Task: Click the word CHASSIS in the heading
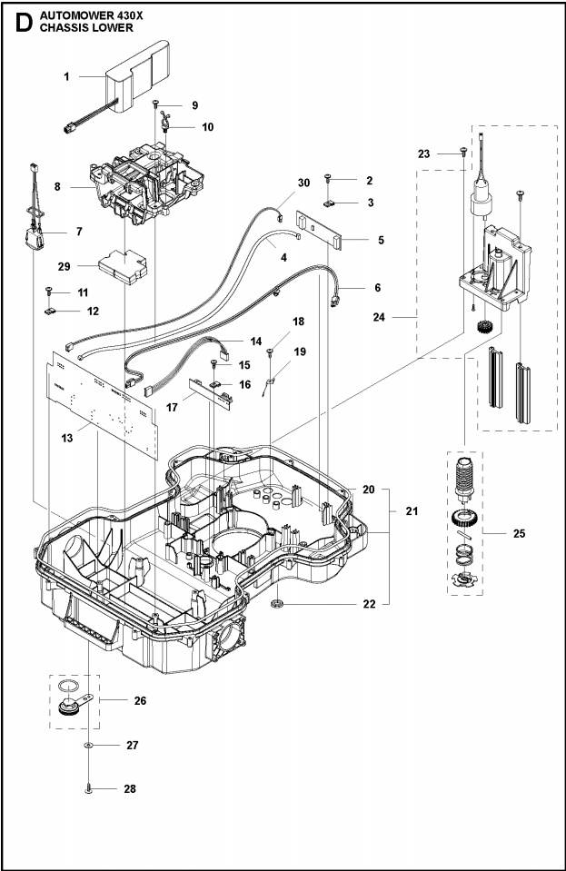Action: [x=69, y=28]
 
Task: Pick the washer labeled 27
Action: [x=88, y=745]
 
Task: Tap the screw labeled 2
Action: [x=328, y=181]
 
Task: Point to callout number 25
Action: [x=519, y=533]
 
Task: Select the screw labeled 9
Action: [x=157, y=105]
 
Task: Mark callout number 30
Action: [x=303, y=183]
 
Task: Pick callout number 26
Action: [x=139, y=700]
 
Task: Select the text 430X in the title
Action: [x=116, y=15]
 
